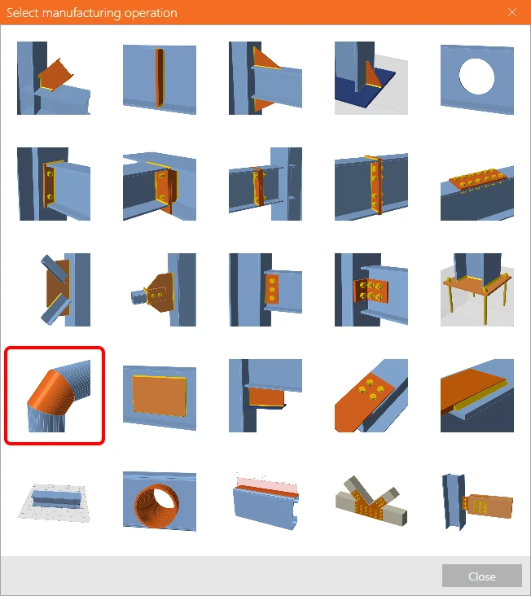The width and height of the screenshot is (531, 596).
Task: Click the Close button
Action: click(481, 576)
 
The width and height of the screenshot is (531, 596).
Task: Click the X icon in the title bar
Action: click(512, 12)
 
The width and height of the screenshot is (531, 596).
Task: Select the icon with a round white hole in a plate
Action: click(477, 78)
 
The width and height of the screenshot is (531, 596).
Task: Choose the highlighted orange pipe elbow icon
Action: click(54, 396)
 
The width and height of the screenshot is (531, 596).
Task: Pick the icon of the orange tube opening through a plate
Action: click(160, 502)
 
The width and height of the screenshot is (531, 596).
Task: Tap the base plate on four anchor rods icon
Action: click(477, 290)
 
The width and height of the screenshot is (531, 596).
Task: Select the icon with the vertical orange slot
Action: click(160, 78)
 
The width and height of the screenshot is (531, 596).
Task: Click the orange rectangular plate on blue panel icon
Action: click(160, 396)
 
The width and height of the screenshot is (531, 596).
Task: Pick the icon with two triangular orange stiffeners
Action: click(265, 78)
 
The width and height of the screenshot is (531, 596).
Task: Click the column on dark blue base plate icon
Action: click(371, 78)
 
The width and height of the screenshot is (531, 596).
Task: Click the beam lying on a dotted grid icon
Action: click(54, 502)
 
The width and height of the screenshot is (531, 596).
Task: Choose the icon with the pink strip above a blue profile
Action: click(265, 502)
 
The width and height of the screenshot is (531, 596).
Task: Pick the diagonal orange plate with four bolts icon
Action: click(371, 396)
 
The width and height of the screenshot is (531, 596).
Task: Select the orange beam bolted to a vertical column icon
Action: click(477, 502)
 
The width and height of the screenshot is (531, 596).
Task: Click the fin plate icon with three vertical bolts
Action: click(265, 290)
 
